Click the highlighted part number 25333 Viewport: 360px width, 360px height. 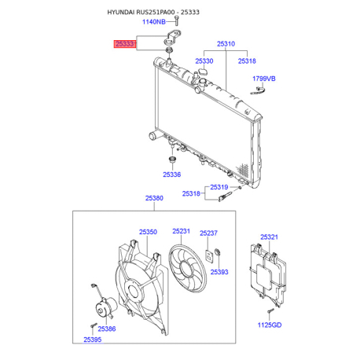tap(125, 44)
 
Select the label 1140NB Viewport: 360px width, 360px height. tap(154, 22)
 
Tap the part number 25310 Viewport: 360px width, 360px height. tap(226, 44)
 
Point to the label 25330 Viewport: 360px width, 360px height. tap(204, 61)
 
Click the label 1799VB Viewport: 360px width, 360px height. tap(264, 79)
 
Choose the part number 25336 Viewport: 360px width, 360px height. tap(172, 174)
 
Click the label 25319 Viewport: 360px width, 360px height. tap(219, 187)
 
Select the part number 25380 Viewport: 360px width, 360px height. tap(154, 198)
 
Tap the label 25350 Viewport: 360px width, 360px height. tap(148, 232)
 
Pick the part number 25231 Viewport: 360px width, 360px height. tap(181, 231)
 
